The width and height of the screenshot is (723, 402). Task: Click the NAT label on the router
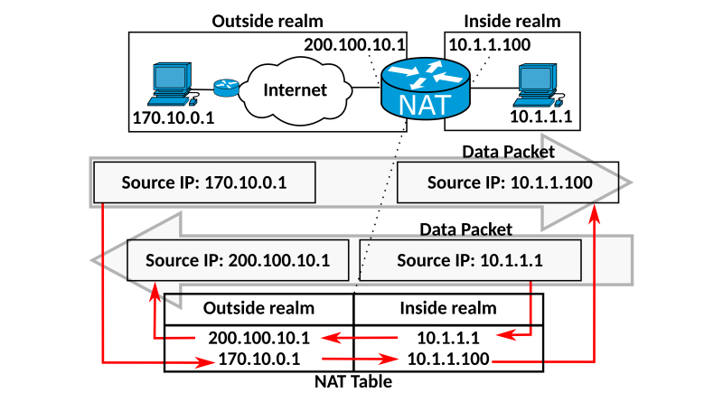point(424,104)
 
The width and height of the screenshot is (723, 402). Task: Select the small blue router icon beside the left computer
point(226,88)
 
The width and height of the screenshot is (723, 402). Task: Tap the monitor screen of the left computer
point(169,77)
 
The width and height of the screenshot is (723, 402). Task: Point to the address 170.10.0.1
point(246,182)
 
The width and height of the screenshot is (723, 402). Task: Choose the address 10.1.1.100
point(551,182)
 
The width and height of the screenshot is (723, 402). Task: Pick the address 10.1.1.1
point(511,260)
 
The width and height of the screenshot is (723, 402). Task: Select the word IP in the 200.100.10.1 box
point(209,260)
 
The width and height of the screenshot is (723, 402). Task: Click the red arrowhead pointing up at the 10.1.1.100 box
point(594,213)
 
